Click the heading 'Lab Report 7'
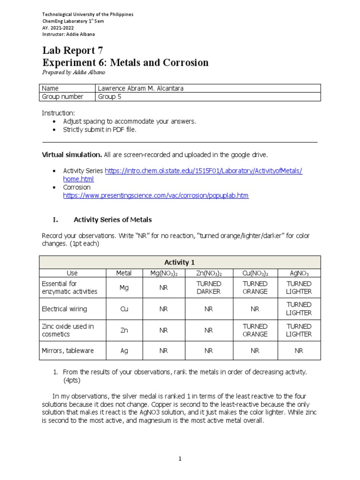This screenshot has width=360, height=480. [72, 51]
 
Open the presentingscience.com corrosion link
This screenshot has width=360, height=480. [156, 195]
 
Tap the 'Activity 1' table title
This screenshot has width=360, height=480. [180, 262]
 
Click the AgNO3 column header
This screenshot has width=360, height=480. [299, 273]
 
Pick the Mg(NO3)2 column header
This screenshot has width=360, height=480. [163, 273]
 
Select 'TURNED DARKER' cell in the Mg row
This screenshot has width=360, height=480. [209, 287]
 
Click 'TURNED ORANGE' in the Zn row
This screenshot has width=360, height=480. [255, 330]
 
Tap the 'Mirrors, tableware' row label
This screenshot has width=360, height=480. [68, 351]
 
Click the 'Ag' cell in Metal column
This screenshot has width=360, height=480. [124, 351]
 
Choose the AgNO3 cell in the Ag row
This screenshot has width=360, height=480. [299, 351]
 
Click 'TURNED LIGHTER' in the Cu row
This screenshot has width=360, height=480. [299, 309]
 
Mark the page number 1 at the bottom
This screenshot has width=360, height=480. [180, 459]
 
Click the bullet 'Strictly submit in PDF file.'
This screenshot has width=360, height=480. [99, 129]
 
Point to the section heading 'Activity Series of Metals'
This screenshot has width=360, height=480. [112, 219]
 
